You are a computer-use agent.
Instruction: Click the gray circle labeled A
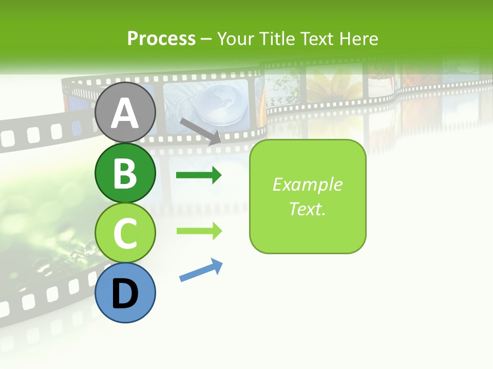(x=125, y=112)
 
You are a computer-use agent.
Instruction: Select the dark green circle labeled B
(x=125, y=173)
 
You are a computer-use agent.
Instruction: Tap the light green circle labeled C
(x=125, y=233)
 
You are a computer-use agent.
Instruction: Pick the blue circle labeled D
(x=125, y=293)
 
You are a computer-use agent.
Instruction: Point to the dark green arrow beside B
(x=199, y=175)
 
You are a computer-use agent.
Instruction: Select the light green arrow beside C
(x=199, y=231)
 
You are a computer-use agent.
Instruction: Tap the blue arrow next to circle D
(x=201, y=270)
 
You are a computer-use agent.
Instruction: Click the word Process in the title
(x=161, y=38)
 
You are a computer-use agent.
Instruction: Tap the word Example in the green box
(x=307, y=184)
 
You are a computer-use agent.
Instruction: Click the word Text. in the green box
(x=307, y=209)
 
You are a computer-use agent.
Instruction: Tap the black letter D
(x=125, y=294)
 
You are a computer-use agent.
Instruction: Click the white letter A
(x=125, y=113)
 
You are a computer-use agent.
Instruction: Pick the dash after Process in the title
(x=206, y=39)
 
